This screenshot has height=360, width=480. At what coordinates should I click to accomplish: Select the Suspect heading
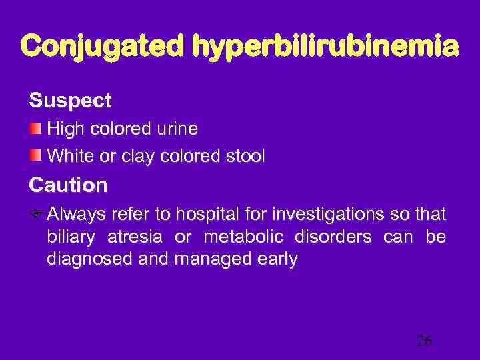point(70,101)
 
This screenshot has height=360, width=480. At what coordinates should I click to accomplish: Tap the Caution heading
point(68,184)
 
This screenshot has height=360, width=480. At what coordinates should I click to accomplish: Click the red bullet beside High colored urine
point(36,126)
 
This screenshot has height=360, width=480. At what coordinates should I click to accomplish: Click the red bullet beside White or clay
point(36,155)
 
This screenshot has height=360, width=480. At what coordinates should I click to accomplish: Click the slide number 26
point(424,341)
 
